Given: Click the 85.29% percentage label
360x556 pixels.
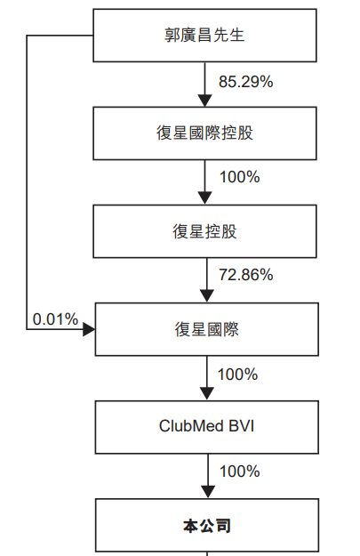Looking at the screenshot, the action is point(246,82).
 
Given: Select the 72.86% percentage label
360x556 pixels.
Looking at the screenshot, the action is point(246,275).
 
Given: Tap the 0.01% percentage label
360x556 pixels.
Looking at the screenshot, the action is point(55,319).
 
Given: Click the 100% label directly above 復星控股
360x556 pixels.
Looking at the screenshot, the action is point(240,177).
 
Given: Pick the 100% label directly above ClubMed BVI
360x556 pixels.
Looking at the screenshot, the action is point(237,375).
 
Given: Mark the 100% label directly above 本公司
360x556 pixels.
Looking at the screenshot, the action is point(240,471).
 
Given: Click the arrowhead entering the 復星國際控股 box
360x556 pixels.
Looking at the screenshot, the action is point(204,101).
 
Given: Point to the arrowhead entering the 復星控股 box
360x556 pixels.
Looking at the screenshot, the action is point(204,198).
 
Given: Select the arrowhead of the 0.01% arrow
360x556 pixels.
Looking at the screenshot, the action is point(89,329).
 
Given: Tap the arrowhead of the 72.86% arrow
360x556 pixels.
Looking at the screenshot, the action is point(207,296).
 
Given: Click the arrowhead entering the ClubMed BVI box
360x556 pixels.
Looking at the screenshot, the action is point(207,394).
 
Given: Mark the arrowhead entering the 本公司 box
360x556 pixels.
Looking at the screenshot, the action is point(208,492).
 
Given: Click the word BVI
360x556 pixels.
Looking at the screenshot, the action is point(242,426).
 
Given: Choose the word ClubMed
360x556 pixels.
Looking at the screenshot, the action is point(191,426).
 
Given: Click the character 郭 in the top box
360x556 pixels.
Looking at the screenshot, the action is point(172,36).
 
